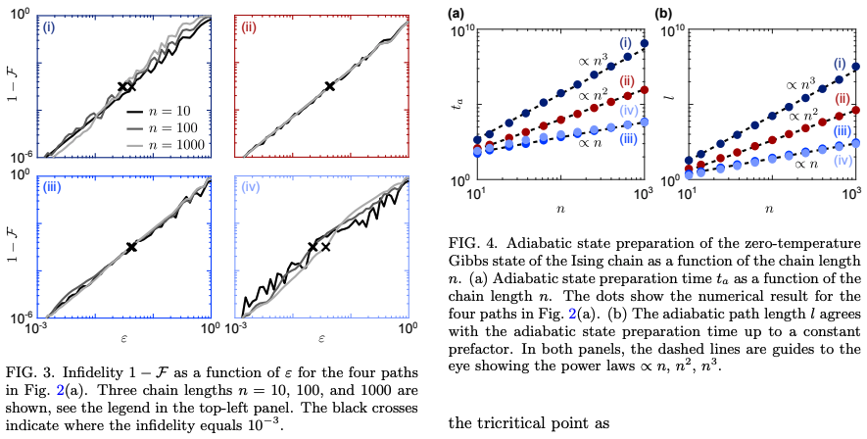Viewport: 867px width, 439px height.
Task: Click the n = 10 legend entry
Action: coord(169,110)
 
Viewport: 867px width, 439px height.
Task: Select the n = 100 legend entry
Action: coord(169,127)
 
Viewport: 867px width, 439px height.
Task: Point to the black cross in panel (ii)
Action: coord(330,87)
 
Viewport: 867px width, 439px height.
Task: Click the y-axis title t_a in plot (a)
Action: coord(453,105)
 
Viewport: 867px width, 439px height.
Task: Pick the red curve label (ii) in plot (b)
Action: coord(843,98)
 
